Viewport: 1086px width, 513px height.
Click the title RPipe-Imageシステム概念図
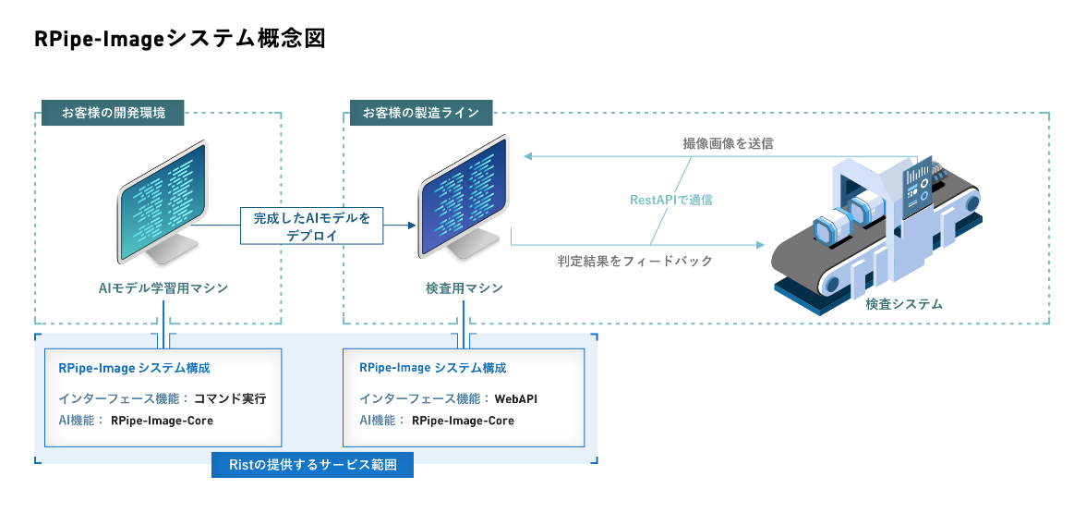pos(180,40)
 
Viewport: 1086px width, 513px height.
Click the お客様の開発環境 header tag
pos(113,113)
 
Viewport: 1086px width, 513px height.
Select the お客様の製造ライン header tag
pos(420,113)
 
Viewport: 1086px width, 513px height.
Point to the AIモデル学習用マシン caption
pos(163,288)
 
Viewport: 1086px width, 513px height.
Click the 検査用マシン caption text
pos(465,288)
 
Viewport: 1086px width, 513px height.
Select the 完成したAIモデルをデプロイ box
pos(311,226)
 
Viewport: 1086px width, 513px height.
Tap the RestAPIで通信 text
pos(671,199)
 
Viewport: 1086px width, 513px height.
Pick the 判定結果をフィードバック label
pos(635,262)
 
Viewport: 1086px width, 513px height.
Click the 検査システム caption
pos(904,303)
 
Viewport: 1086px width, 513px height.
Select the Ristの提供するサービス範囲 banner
pos(312,465)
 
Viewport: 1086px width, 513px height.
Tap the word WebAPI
pos(516,399)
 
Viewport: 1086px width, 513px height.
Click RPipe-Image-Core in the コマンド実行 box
pos(162,421)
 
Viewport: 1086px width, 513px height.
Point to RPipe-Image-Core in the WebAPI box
pos(463,421)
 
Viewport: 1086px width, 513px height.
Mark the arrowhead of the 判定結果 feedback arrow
pos(761,245)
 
